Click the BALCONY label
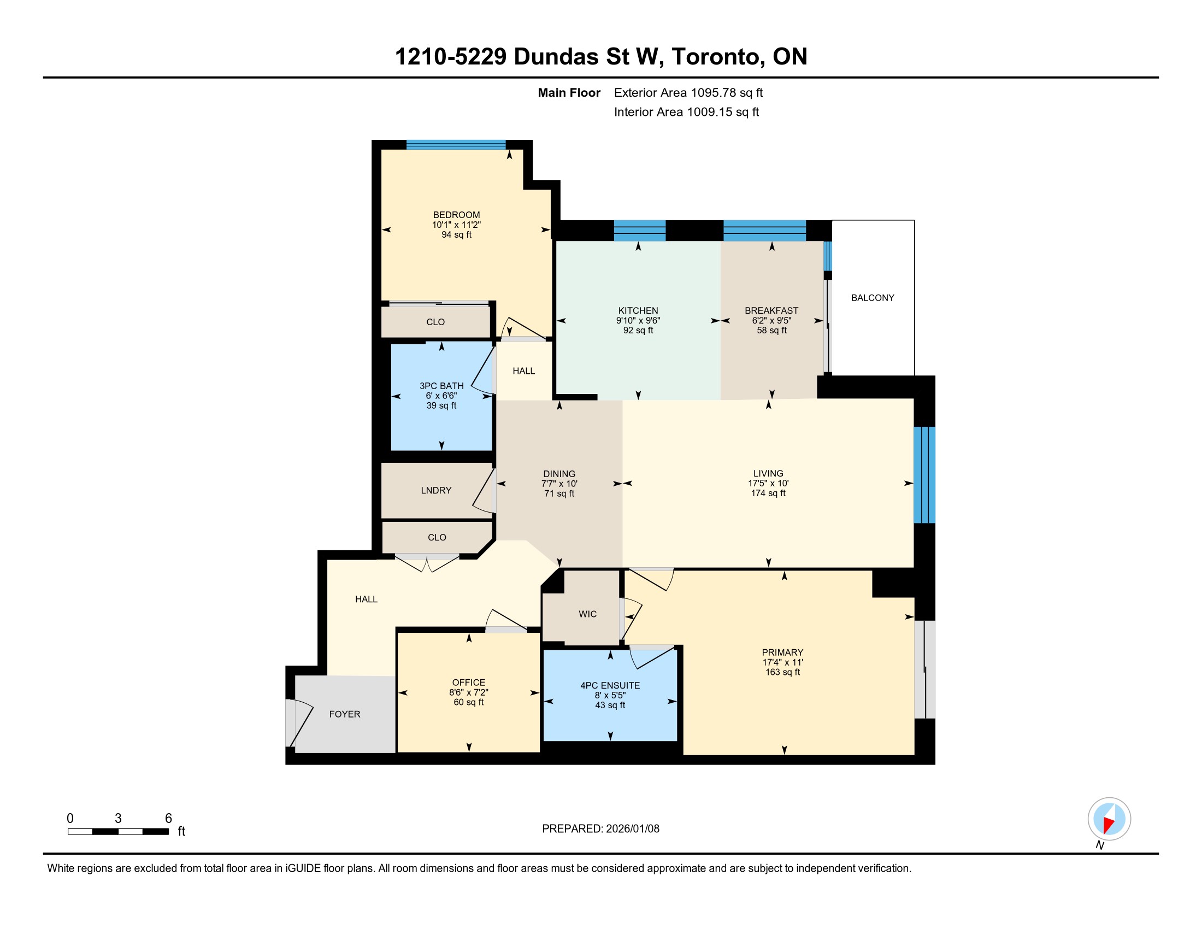[873, 298]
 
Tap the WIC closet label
[587, 614]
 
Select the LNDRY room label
[436, 490]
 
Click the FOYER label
[345, 714]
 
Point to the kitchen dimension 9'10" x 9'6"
[638, 320]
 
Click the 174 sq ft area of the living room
[768, 493]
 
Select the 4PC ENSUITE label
[610, 685]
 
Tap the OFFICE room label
[468, 682]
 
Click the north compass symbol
[1109, 819]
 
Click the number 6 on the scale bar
[168, 819]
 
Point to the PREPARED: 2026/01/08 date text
[600, 829]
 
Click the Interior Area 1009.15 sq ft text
[686, 112]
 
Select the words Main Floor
[569, 93]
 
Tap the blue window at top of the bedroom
[456, 145]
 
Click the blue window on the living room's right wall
[924, 474]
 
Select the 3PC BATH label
[441, 386]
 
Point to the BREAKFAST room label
[771, 310]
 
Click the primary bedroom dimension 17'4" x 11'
[782, 662]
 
